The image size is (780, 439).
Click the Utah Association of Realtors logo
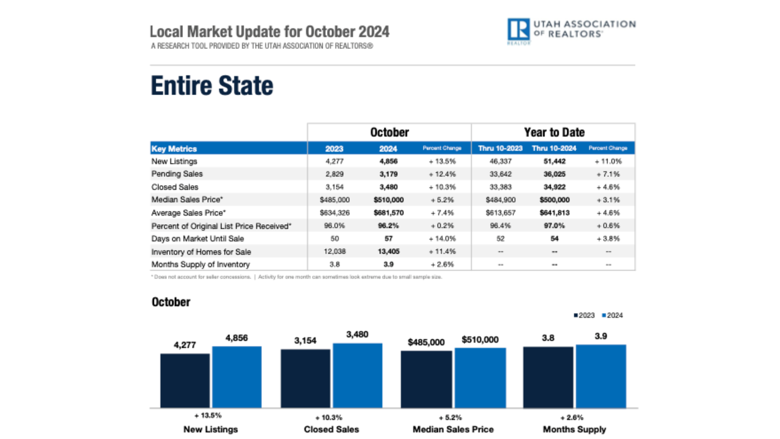pos(570,30)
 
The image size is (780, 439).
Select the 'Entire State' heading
pos(212,86)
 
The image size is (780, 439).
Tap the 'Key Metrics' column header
pos(174,149)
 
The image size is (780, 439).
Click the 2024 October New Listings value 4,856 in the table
pos(389,161)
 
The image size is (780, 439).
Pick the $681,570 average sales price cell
pos(389,213)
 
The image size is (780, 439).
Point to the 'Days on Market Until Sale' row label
pos(197,239)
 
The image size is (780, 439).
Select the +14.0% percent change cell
pos(442,239)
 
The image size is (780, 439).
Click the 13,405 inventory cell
pos(389,252)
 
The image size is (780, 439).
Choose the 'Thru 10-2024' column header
pos(554,148)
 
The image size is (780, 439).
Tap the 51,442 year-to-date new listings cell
pos(554,161)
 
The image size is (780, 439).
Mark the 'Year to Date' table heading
pos(554,132)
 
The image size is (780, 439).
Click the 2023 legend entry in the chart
pos(584,316)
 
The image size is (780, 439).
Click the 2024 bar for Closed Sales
pos(357,375)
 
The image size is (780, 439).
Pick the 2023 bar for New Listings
pos(185,380)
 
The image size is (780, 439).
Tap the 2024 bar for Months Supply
pos(601,376)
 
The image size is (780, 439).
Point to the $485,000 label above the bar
pos(426,342)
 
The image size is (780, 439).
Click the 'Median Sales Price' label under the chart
pos(453,429)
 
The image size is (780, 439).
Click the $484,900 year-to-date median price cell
pos(500,200)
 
